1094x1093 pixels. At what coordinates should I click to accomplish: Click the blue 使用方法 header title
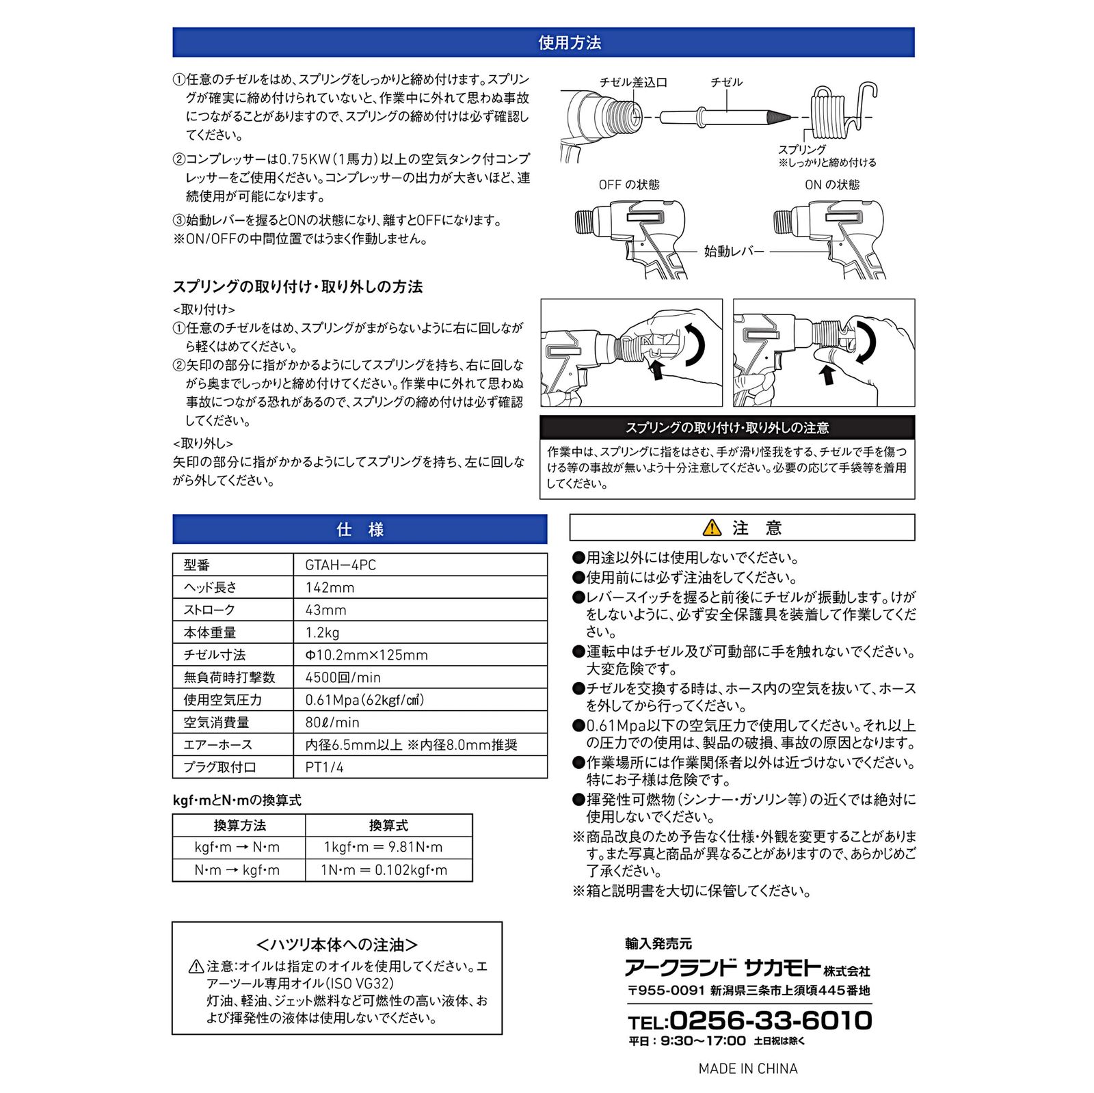(x=570, y=43)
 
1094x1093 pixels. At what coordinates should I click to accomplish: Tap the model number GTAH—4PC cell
(x=341, y=565)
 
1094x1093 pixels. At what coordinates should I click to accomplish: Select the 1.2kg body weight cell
(x=322, y=632)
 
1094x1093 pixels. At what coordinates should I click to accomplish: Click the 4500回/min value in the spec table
(x=343, y=677)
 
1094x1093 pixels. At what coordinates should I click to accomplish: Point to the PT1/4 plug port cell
(x=324, y=767)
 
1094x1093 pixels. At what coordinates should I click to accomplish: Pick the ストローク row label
(x=209, y=610)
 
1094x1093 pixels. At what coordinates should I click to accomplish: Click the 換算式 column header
(x=388, y=825)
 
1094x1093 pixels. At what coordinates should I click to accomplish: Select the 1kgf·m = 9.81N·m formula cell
(x=383, y=848)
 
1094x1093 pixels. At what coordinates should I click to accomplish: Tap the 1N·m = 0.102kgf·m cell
(x=384, y=870)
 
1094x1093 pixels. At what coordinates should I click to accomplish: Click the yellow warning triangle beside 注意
(x=712, y=528)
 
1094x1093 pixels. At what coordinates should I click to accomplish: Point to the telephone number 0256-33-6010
(x=770, y=1021)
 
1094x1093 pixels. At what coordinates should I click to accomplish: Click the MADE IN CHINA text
(x=748, y=1068)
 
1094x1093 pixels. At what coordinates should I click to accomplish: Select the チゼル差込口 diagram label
(x=633, y=83)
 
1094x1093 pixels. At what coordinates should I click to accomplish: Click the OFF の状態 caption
(x=629, y=185)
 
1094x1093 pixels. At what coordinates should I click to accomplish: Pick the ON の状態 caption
(x=832, y=185)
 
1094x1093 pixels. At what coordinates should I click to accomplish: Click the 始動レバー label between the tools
(x=734, y=252)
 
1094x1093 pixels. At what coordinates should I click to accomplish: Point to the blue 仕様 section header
(x=360, y=529)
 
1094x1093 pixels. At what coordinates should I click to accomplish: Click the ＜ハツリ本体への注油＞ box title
(x=336, y=945)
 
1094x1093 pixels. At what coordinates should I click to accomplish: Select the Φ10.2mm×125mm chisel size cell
(x=366, y=655)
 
